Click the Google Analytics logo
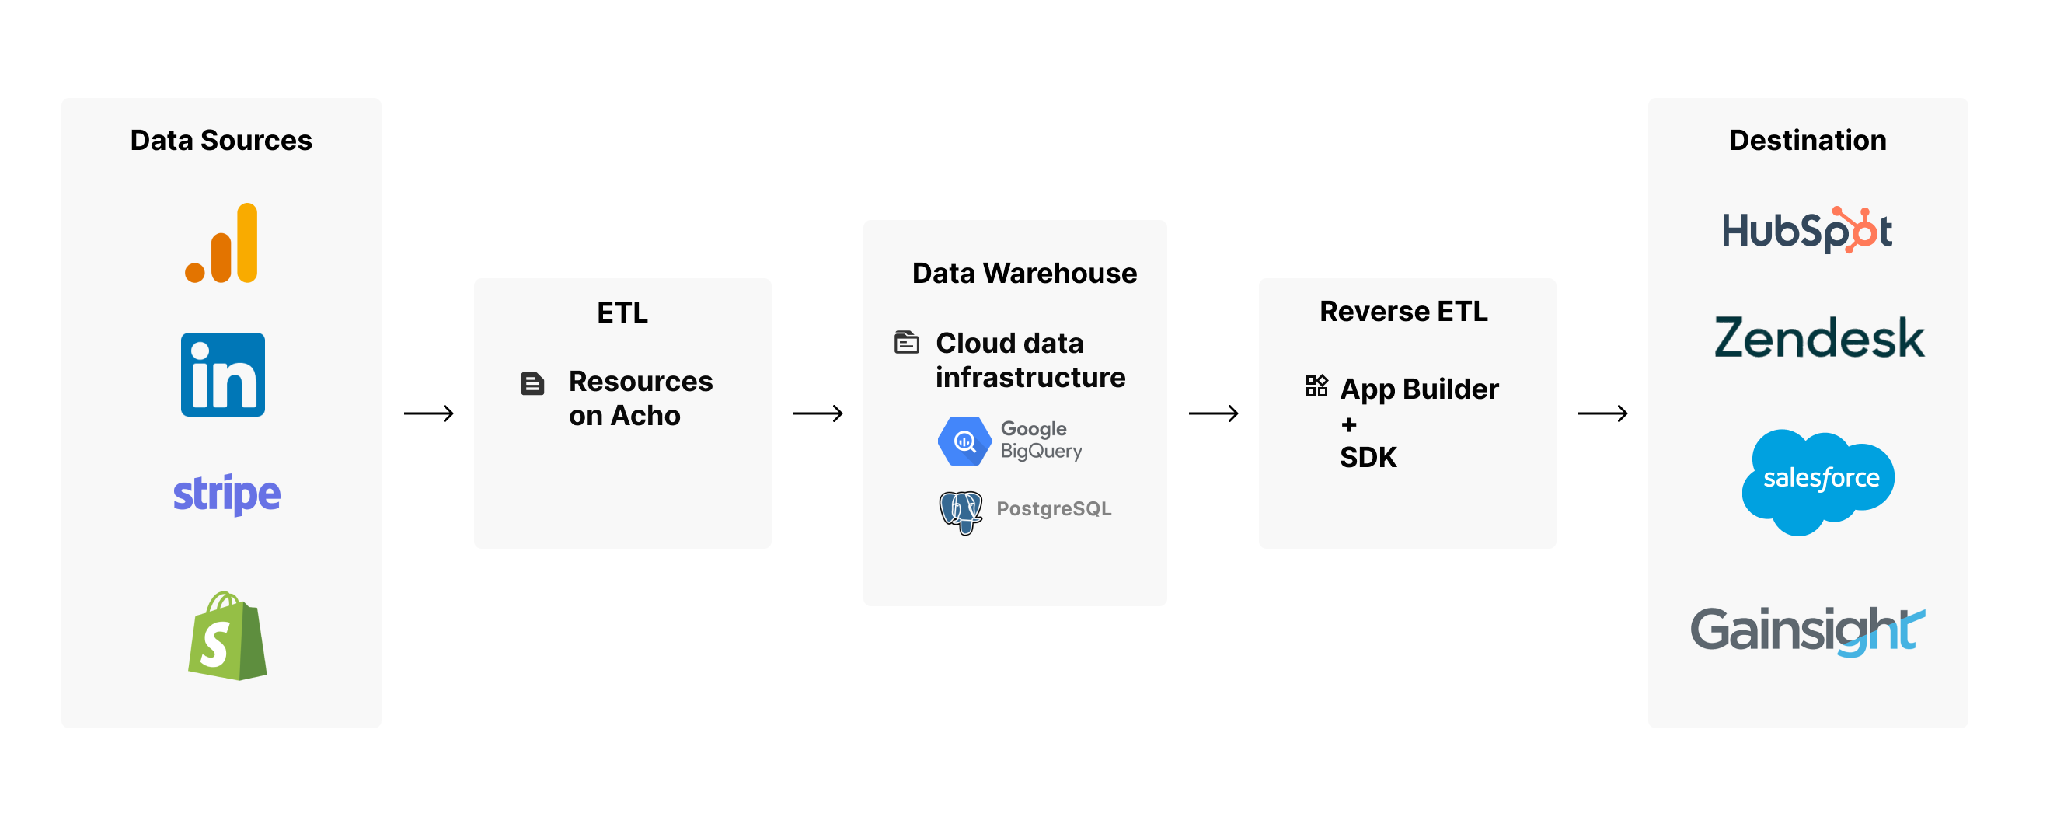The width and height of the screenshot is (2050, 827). [x=222, y=243]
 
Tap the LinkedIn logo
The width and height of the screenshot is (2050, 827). [x=223, y=374]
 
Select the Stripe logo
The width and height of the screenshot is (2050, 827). [x=227, y=494]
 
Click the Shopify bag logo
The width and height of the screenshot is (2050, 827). [x=228, y=636]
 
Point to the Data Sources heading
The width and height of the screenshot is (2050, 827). [x=221, y=140]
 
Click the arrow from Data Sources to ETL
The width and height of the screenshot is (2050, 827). [x=428, y=413]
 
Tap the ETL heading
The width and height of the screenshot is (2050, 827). [x=622, y=312]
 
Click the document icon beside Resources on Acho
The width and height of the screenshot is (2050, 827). [x=532, y=384]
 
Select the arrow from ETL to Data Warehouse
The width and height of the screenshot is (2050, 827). [x=818, y=413]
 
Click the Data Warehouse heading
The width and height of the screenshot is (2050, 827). [x=1023, y=273]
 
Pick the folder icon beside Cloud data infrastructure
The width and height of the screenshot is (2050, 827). [x=906, y=342]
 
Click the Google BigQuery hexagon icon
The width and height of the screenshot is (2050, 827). [x=964, y=440]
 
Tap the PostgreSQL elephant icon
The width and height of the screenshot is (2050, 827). [x=961, y=511]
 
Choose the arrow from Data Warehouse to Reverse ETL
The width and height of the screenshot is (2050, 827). [x=1213, y=413]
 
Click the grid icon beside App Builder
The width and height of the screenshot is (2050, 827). [x=1316, y=386]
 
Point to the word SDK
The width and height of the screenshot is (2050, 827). [x=1368, y=458]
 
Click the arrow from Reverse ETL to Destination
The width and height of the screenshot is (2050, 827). [x=1602, y=413]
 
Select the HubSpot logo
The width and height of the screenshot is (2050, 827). [x=1807, y=231]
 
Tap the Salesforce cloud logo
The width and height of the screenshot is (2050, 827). [x=1818, y=480]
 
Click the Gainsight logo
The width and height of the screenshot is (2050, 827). [x=1807, y=630]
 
